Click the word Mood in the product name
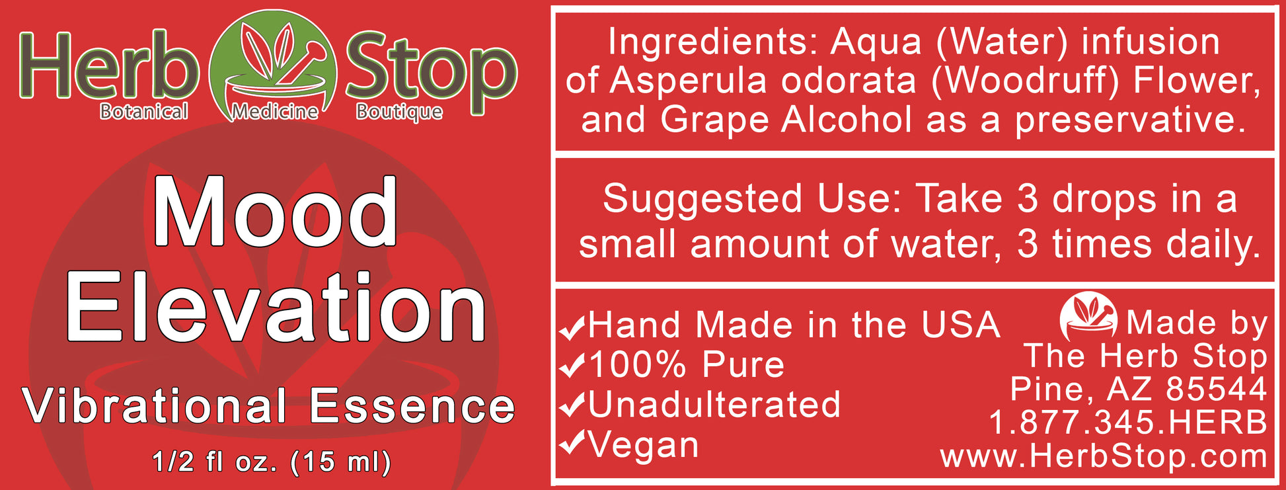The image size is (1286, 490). (x=275, y=212)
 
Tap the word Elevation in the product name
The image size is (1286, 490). (x=276, y=307)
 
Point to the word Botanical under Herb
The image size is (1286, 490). (x=144, y=111)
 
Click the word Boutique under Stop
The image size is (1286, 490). (x=399, y=112)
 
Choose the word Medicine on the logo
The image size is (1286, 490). (x=275, y=112)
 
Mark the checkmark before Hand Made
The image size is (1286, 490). (x=572, y=326)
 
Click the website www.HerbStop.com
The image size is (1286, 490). (x=1104, y=456)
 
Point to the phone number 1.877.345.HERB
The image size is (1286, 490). (x=1128, y=423)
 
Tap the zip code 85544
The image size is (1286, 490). (x=1217, y=389)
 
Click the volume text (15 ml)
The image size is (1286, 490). (x=341, y=462)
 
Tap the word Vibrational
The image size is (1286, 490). (x=155, y=405)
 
